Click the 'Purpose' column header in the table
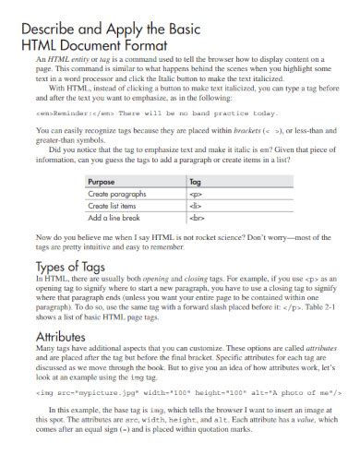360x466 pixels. [x=102, y=182]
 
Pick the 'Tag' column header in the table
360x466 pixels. [x=195, y=182]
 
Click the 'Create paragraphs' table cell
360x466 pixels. [x=118, y=194]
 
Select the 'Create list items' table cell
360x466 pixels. [x=116, y=206]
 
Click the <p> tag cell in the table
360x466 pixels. [x=195, y=194]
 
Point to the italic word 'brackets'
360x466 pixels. [x=244, y=131]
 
